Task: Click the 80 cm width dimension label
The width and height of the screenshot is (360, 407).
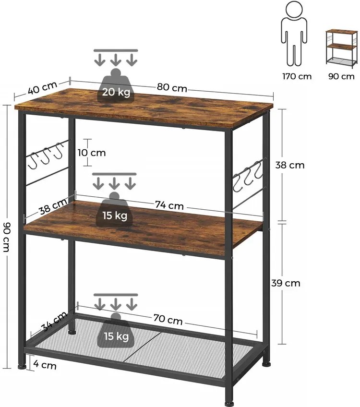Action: click(x=171, y=87)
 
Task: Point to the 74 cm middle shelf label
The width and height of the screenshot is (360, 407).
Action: click(x=169, y=205)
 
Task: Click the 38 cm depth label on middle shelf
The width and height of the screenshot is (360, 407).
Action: click(x=53, y=206)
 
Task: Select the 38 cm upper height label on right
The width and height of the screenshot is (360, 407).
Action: click(x=289, y=165)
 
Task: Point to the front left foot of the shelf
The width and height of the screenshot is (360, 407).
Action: click(x=22, y=366)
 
